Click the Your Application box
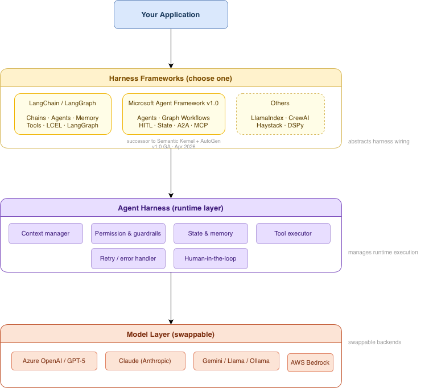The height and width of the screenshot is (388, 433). pos(171,14)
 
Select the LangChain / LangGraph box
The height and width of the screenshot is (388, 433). pos(63,114)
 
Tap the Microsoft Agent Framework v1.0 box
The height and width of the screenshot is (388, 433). pos(174,114)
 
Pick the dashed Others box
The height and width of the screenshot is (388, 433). pos(281,114)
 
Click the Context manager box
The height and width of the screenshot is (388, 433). pos(46,234)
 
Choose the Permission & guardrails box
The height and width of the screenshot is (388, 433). pos(128,234)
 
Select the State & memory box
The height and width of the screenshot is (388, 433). pos(211,234)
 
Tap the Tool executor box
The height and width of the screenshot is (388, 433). pos(293,234)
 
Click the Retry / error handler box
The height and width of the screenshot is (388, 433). pos(128,258)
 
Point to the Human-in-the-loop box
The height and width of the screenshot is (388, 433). pos(211,258)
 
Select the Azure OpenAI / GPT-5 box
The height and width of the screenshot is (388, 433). pos(54,361)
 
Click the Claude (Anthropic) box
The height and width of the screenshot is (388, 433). pos(145,361)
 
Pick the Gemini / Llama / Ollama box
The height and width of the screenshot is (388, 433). pos(236,361)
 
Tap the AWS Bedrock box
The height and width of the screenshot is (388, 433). pos(311,362)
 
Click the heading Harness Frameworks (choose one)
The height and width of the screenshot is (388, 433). pos(171,79)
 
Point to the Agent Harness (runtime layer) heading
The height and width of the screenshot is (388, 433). pos(171,208)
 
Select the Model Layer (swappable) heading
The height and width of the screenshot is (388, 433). pos(171,335)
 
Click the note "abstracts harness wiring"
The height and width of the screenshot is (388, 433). pos(378,142)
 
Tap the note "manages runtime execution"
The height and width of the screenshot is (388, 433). pos(383,253)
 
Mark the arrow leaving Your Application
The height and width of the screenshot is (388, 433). pos(171,48)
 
